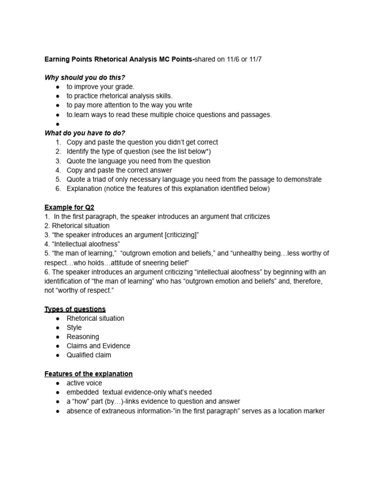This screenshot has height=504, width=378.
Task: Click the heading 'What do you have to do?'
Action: (x=85, y=133)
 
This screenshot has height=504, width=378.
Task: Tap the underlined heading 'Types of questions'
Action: (x=75, y=309)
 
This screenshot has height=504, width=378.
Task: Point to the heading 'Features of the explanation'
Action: (x=89, y=374)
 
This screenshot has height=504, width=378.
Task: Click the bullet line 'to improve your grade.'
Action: (x=100, y=87)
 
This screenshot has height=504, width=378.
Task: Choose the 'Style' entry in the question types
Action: (x=74, y=327)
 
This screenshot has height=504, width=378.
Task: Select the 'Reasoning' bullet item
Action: (x=83, y=337)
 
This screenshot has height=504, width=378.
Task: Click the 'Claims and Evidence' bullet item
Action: (x=98, y=346)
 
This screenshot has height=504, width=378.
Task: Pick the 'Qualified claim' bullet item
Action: (x=89, y=355)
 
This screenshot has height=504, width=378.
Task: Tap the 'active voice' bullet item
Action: (x=84, y=383)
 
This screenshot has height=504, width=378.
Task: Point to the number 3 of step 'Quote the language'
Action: (x=58, y=161)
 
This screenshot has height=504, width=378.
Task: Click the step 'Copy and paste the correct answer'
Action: (x=119, y=170)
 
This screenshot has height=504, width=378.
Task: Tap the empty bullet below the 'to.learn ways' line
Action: (x=58, y=124)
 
